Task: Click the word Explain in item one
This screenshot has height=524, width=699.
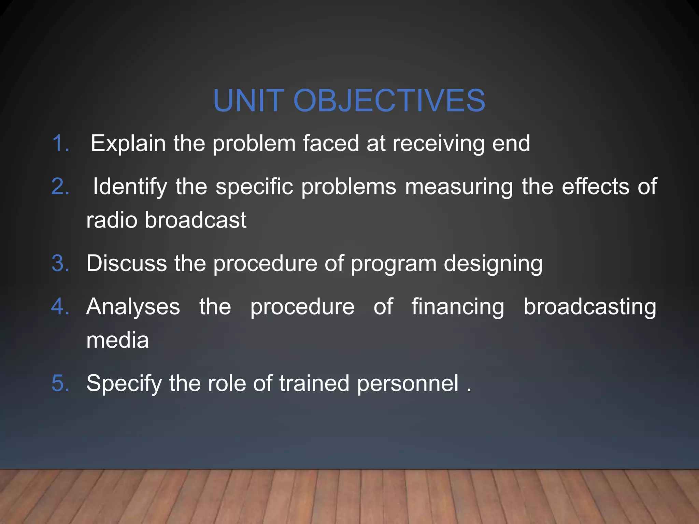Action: pyautogui.click(x=128, y=144)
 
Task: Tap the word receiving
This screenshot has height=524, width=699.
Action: pyautogui.click(x=439, y=144)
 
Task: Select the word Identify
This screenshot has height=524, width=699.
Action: pyautogui.click(x=130, y=187)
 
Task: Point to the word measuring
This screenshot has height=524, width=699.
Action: pyautogui.click(x=459, y=187)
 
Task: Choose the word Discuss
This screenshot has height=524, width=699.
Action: pyautogui.click(x=127, y=263)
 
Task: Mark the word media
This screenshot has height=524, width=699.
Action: pyautogui.click(x=117, y=340)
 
